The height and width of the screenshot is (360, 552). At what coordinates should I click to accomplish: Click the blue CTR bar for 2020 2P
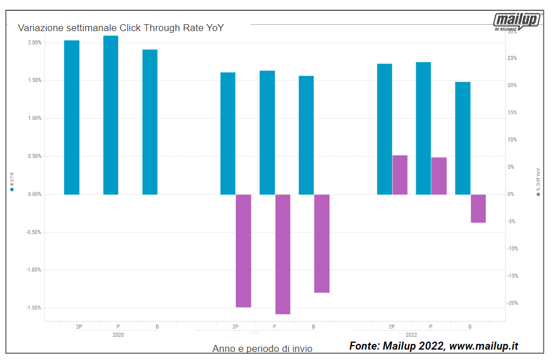click(71, 118)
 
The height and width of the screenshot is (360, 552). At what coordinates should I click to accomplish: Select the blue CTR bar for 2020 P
click(111, 115)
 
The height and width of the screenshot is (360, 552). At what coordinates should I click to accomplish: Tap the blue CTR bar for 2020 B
click(150, 122)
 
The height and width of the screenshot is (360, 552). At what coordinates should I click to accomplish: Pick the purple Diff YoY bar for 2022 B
click(478, 209)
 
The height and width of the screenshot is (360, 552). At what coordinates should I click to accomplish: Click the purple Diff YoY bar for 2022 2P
click(400, 175)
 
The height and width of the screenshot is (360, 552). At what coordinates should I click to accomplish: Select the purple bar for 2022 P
click(439, 176)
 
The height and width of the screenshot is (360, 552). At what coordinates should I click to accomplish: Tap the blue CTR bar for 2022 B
click(463, 138)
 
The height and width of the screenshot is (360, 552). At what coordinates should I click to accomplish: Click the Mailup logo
click(517, 22)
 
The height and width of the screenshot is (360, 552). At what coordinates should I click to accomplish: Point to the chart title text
click(121, 28)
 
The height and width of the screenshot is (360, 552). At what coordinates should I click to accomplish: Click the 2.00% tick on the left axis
click(35, 43)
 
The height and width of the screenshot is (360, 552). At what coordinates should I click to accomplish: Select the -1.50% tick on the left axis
click(33, 308)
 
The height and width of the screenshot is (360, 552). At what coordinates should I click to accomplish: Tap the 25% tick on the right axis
click(512, 58)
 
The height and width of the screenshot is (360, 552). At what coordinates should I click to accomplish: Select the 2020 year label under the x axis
click(118, 334)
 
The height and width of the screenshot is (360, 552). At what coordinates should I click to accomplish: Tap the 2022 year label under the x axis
click(412, 334)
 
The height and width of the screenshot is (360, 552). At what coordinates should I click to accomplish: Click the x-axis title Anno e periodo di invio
click(262, 348)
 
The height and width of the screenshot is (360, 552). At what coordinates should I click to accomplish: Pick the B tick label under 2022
click(470, 327)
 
